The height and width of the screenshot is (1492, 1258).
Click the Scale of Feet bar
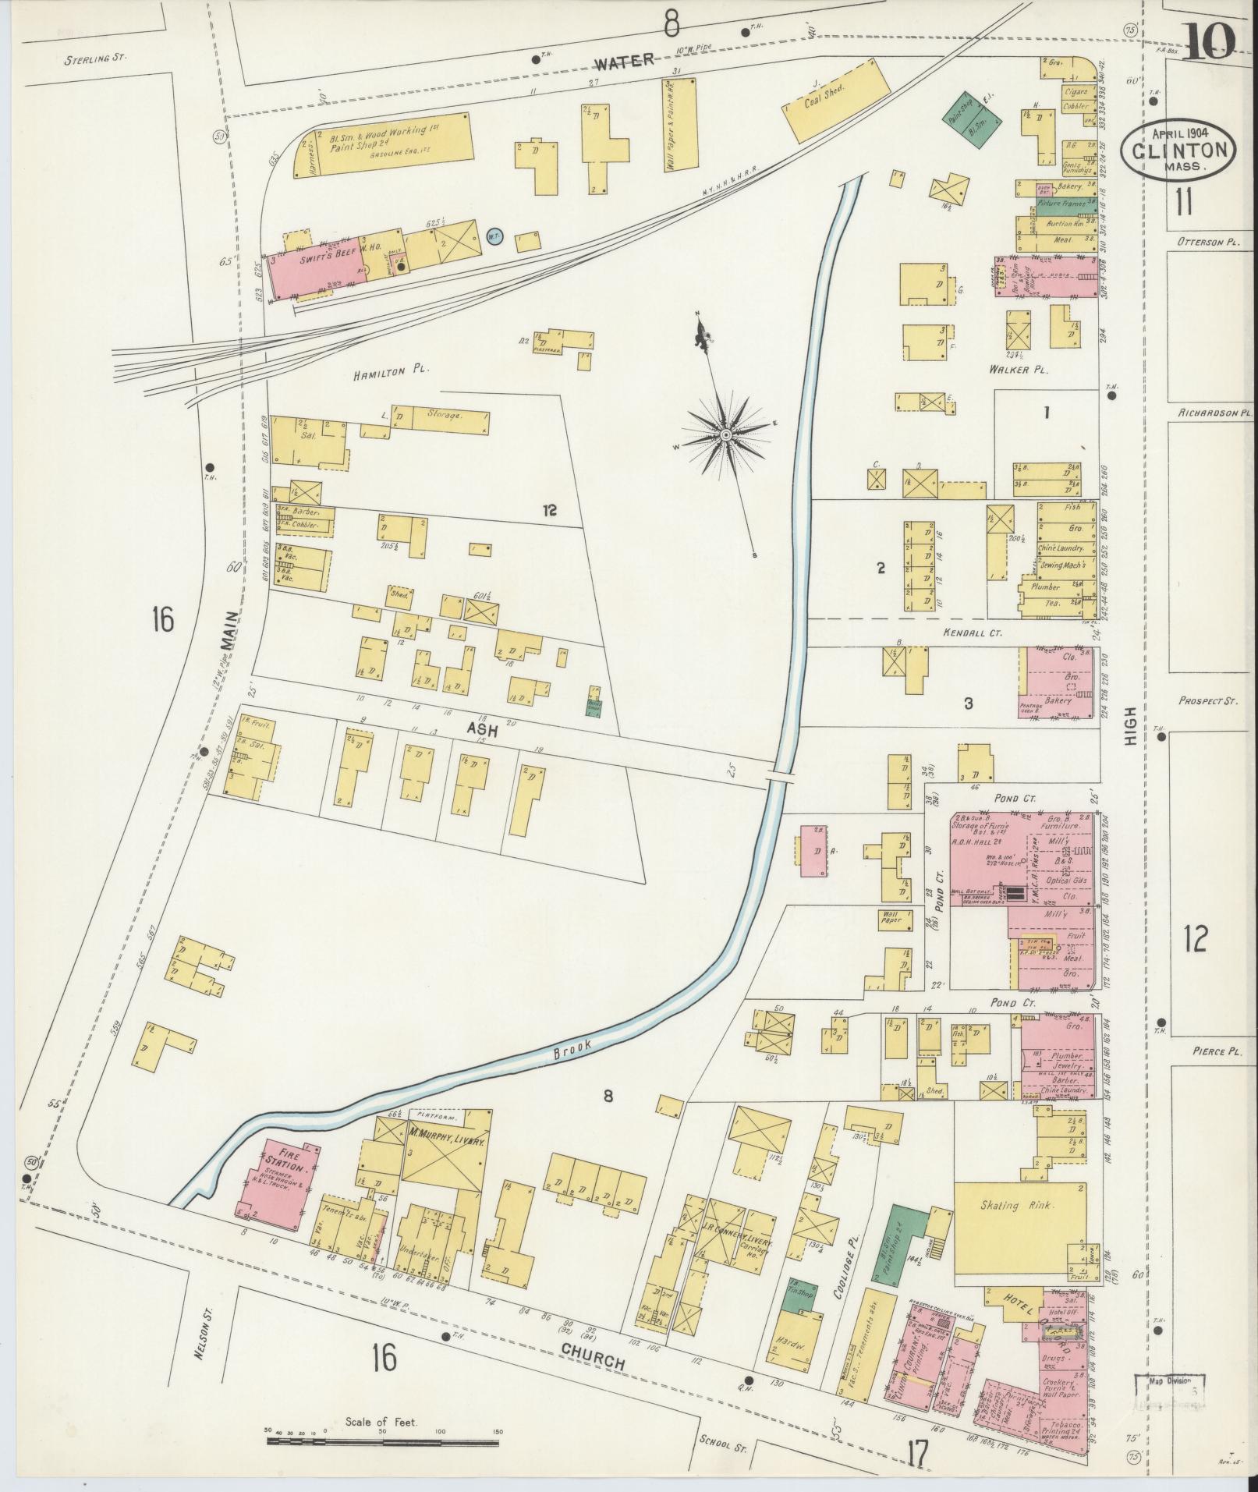click(x=382, y=1441)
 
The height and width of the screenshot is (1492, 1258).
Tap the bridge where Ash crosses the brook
click(x=780, y=778)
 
